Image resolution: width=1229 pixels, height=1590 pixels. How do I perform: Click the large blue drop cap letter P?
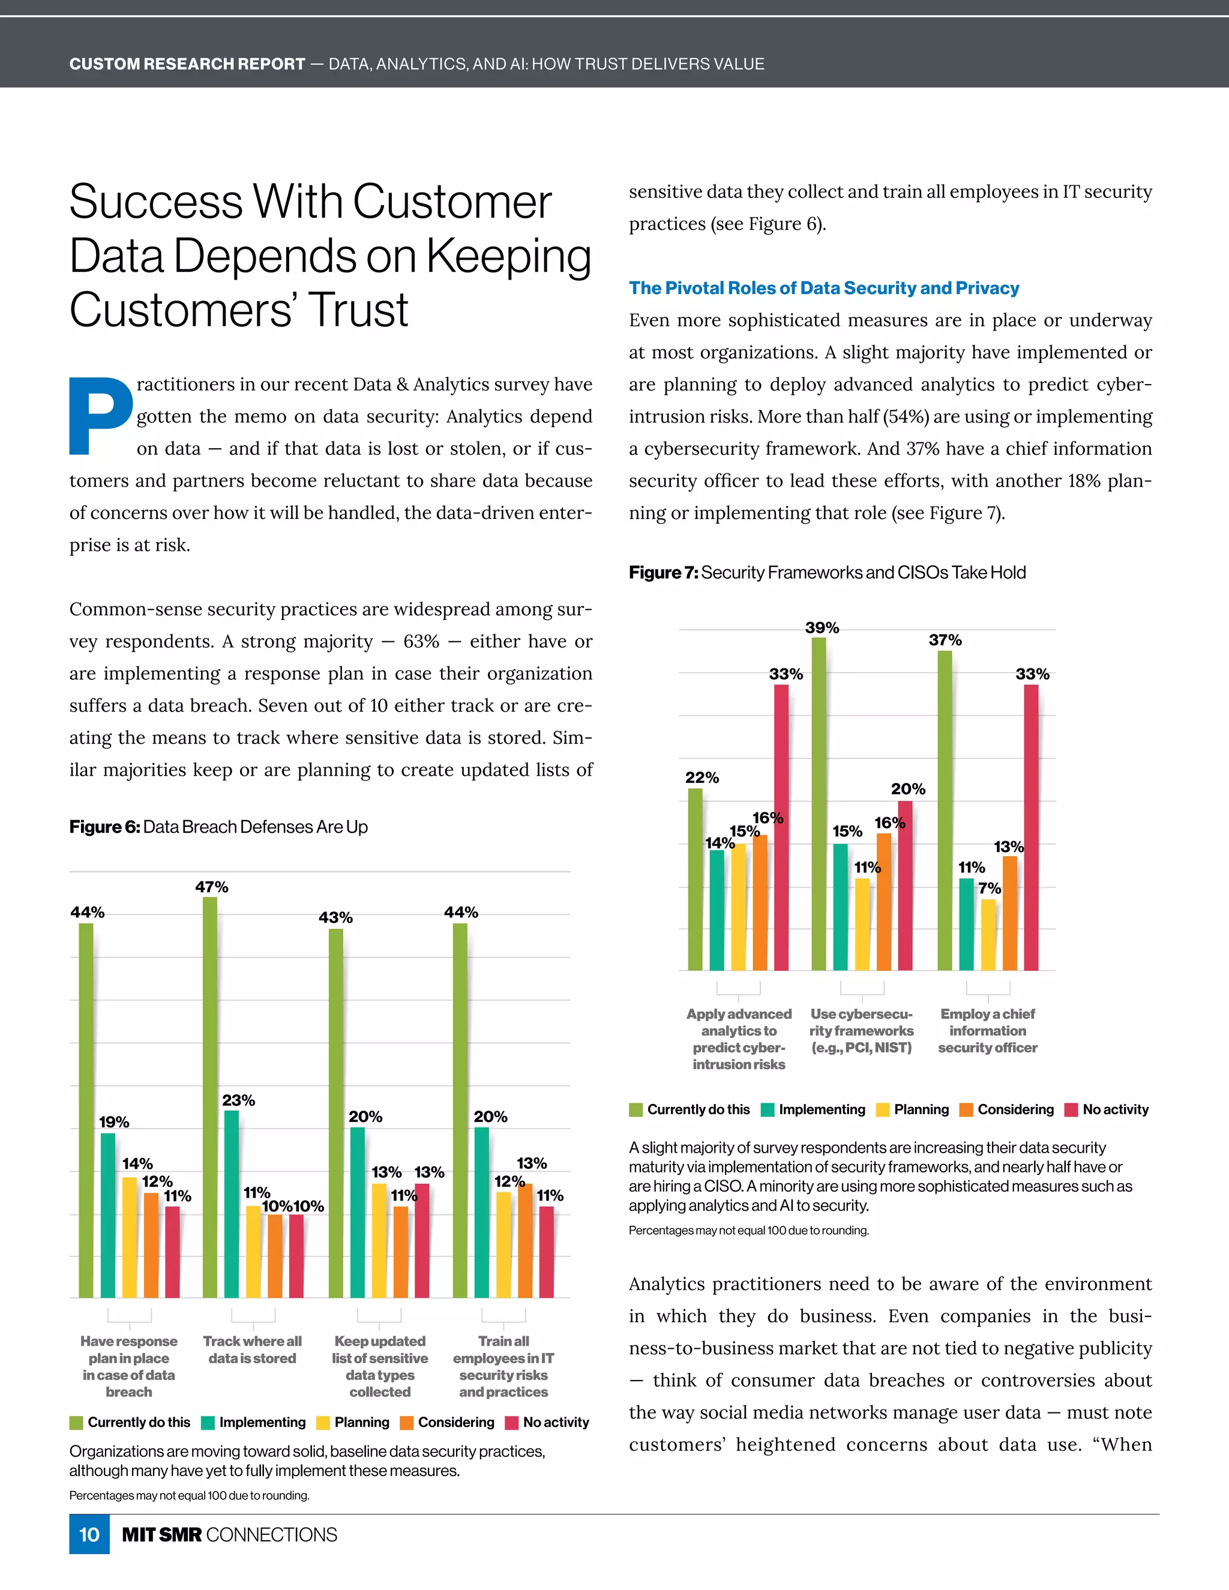point(100,416)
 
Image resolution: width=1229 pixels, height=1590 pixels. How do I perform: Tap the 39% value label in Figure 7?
point(822,628)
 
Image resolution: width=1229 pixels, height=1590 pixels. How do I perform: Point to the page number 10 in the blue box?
point(89,1535)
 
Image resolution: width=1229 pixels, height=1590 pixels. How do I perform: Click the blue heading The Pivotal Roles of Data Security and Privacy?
point(823,288)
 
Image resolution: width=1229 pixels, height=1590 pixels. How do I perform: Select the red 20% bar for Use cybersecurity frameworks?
point(905,884)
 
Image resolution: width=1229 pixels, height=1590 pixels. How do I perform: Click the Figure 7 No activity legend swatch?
point(1071,1109)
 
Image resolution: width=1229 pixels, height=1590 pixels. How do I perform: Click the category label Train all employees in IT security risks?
point(503,1366)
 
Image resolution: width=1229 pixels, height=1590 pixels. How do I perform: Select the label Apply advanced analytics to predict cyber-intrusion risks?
point(738,1039)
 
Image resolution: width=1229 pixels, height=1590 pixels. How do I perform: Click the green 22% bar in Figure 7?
point(696,879)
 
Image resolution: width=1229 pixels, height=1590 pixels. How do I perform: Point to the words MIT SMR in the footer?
point(161,1535)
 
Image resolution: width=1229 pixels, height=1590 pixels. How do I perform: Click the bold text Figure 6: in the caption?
point(104,827)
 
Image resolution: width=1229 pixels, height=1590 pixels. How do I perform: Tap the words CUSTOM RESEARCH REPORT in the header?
point(187,64)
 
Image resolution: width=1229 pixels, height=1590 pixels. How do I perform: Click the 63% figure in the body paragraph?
point(421,641)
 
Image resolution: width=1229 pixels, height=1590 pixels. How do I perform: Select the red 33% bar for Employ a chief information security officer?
point(1031,826)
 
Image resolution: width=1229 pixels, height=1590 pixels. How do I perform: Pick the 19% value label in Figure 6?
point(114,1122)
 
